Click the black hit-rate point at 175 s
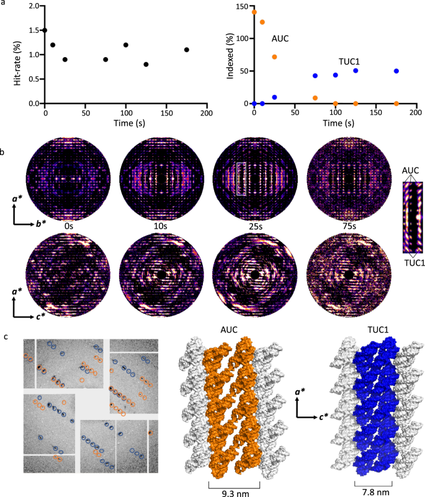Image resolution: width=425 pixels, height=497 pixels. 187,50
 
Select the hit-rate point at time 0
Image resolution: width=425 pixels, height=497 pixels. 45,30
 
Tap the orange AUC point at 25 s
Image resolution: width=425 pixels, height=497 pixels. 274,57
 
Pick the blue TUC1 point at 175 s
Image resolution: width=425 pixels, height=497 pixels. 396,71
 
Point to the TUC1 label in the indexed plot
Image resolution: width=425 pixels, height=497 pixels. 349,61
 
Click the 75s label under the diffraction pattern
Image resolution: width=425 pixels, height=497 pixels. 338,227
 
